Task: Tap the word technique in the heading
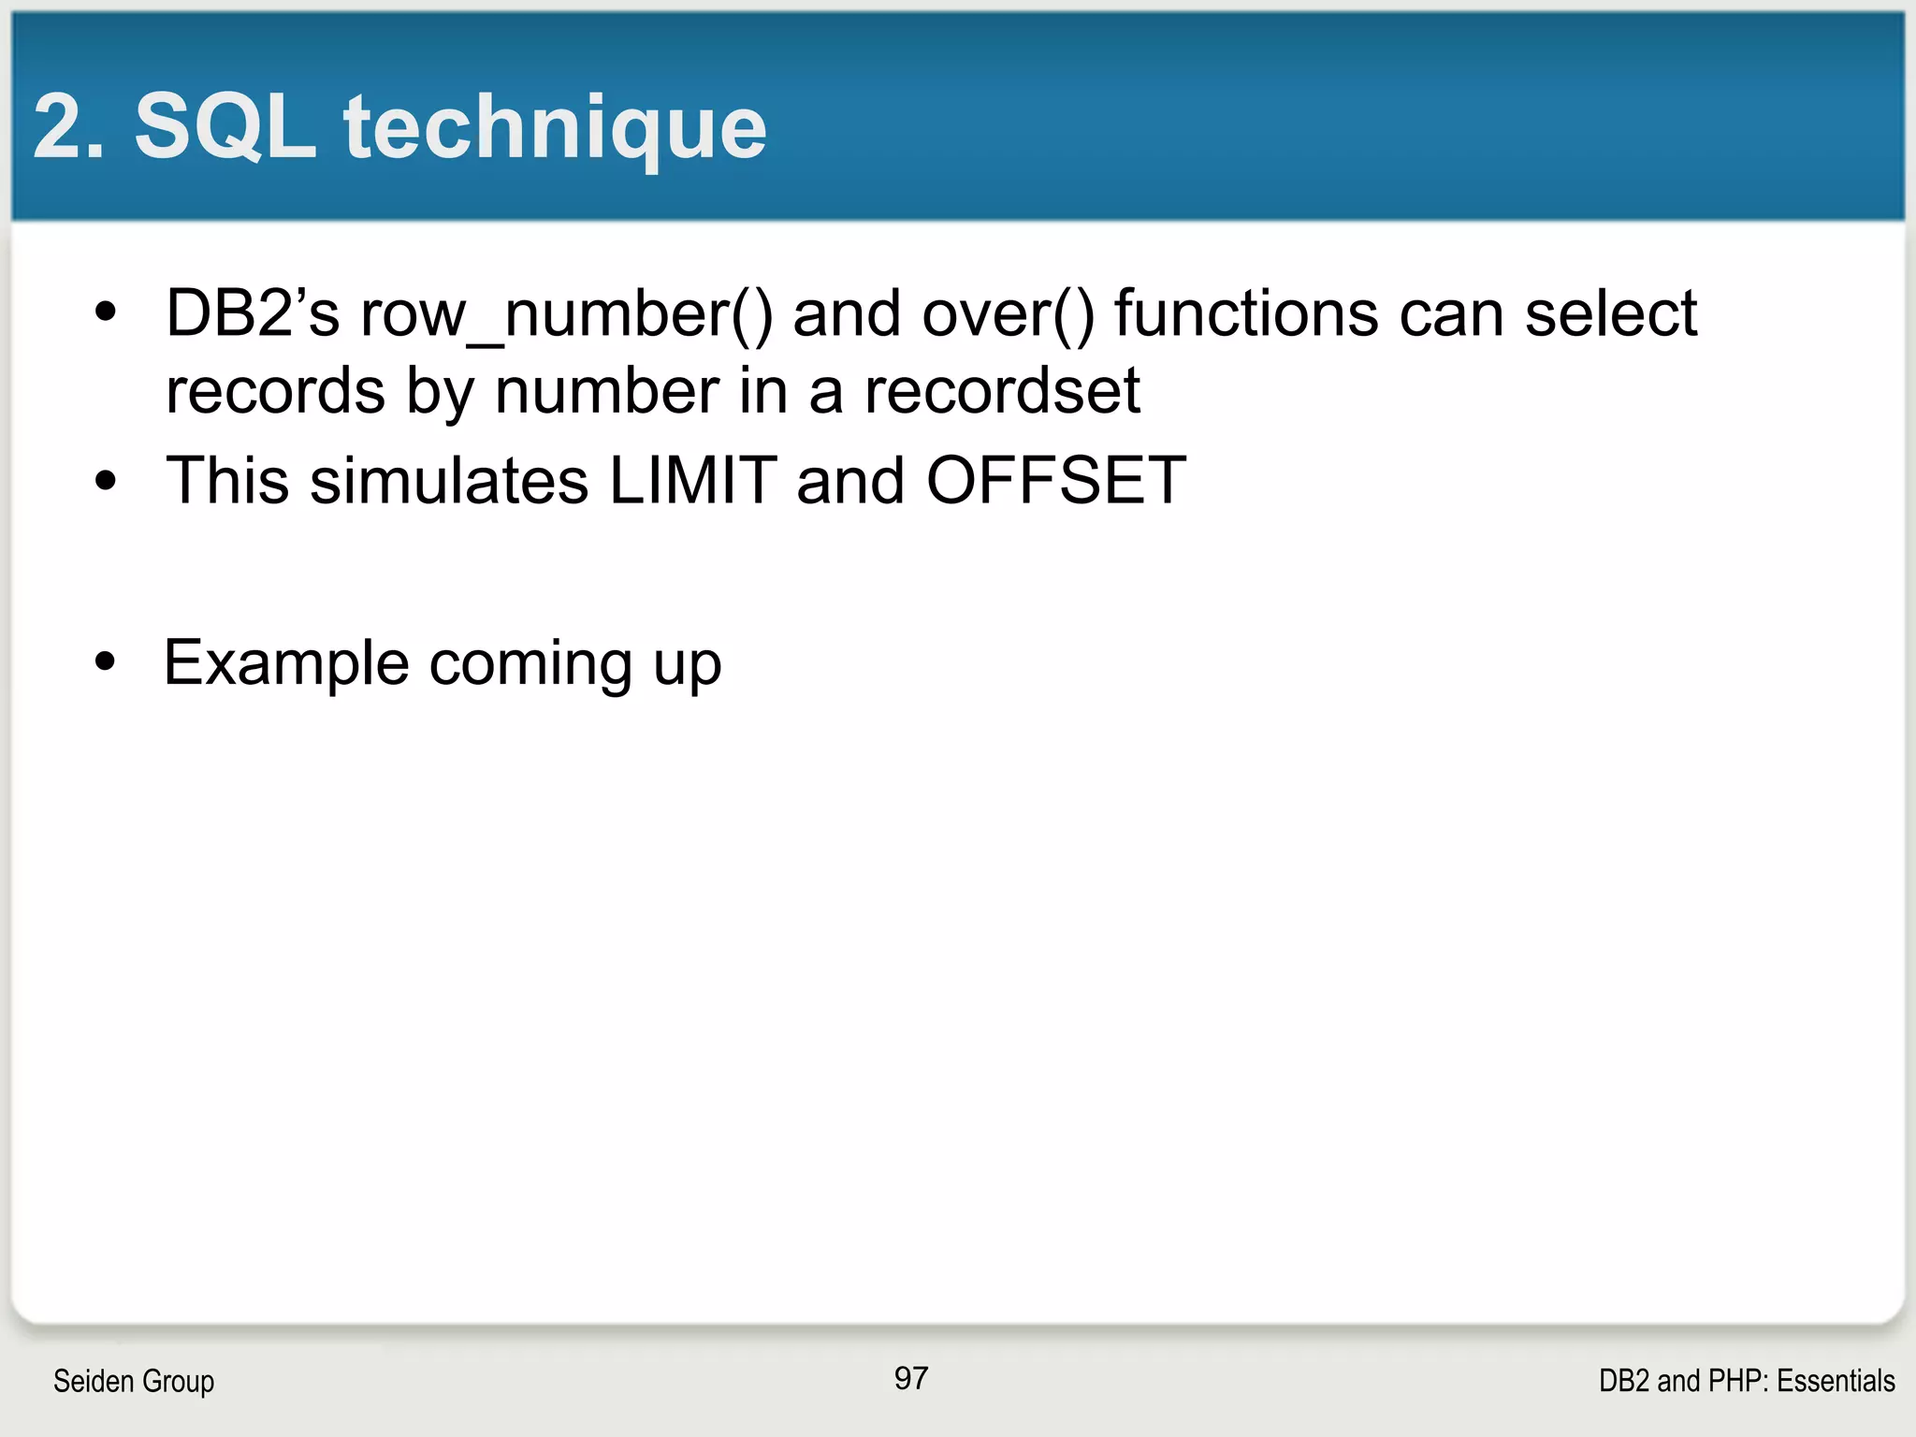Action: (555, 128)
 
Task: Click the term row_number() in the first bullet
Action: (567, 314)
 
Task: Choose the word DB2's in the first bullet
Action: (252, 312)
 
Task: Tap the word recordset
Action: (1002, 390)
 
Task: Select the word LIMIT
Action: (692, 481)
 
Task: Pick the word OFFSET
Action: (1056, 481)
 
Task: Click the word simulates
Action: (449, 481)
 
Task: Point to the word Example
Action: (286, 663)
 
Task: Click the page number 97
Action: (910, 1378)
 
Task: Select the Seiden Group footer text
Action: (134, 1381)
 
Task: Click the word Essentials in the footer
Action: (1836, 1381)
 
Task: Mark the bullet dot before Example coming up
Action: (106, 661)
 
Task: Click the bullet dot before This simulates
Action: (106, 481)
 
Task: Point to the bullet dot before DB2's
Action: (106, 312)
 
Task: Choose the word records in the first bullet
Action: (275, 390)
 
